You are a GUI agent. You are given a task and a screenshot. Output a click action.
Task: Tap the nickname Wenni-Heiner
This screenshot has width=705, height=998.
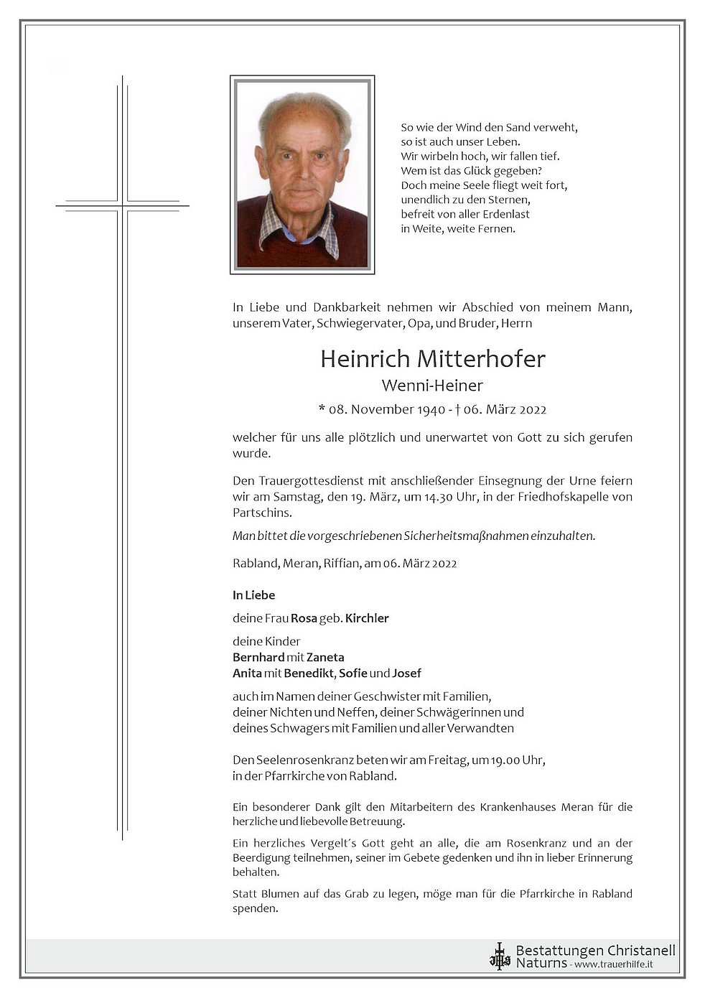432,386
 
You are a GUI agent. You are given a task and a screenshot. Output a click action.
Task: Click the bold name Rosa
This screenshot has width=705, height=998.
304,618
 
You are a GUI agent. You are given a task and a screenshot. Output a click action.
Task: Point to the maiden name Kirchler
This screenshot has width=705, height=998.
367,618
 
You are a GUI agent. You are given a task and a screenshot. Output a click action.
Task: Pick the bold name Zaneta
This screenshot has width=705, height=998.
325,657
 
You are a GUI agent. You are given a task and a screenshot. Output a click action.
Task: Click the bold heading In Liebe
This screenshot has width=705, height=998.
253,595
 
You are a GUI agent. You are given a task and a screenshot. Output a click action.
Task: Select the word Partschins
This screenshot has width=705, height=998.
262,513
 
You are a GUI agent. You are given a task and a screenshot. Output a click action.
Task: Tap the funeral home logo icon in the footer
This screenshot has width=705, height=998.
500,956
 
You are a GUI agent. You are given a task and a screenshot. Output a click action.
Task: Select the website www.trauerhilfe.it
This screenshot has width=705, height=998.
614,964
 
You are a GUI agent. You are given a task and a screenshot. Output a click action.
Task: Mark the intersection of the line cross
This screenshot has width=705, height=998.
123,206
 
